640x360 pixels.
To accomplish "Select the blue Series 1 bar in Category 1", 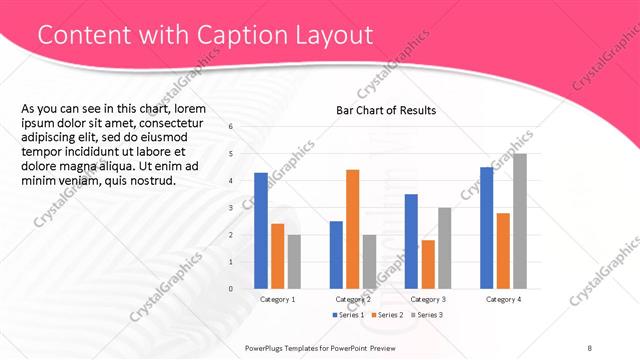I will click(261, 231).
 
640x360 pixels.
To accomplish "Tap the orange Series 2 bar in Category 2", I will click(352, 229).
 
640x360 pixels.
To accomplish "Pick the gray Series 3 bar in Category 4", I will click(519, 221).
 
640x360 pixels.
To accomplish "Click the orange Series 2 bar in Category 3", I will click(428, 264).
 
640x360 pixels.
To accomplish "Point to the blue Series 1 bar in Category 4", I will click(486, 228).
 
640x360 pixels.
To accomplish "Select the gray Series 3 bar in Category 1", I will click(294, 262).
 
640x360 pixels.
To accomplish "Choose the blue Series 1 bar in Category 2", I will click(336, 255).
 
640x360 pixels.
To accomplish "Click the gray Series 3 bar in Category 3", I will click(444, 248).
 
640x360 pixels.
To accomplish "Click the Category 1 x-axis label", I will click(277, 299).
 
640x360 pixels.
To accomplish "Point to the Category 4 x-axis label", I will click(503, 299).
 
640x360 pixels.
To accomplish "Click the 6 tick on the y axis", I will click(231, 127).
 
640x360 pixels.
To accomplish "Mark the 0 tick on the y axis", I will click(231, 289).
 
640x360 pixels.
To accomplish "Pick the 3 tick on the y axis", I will click(231, 208).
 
